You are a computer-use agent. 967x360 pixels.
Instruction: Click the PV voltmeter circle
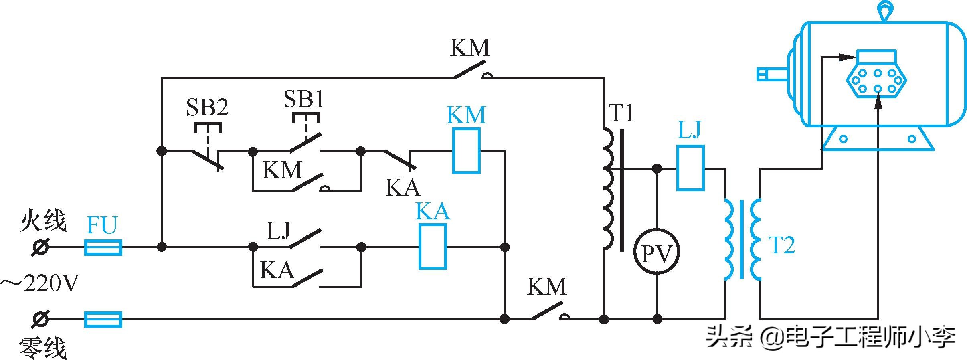click(657, 252)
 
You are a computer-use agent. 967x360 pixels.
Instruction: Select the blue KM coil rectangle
click(466, 151)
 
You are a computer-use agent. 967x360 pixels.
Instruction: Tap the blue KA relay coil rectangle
click(433, 246)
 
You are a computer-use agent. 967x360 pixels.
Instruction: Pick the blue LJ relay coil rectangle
click(690, 168)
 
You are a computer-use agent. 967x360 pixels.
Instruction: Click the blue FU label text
click(102, 225)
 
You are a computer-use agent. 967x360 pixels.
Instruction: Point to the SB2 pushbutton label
click(207, 108)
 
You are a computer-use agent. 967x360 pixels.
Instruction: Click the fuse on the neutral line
click(103, 319)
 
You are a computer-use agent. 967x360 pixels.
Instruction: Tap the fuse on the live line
click(103, 247)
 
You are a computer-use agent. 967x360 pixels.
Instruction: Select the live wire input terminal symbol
click(40, 247)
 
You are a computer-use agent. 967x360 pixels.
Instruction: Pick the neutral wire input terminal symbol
click(40, 319)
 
